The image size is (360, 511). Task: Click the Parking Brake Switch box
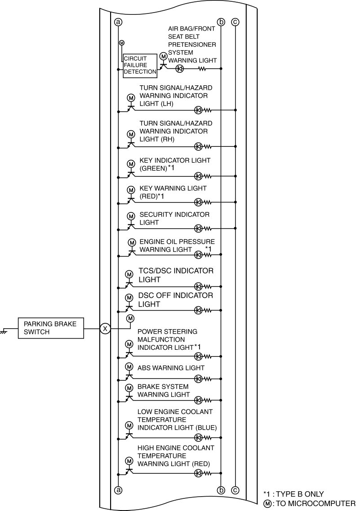pos(51,328)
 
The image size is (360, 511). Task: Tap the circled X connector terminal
pos(105,329)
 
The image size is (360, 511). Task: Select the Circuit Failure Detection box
pos(140,66)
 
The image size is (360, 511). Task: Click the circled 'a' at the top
pos(118,22)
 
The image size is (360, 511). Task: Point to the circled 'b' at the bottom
pos(221,490)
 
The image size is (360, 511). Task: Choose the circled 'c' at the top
pos(235,22)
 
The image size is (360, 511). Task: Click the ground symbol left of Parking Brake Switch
pos(4,330)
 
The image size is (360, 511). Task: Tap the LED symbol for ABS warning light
pos(198,379)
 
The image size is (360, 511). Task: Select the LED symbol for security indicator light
pos(198,229)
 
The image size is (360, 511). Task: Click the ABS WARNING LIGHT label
pos(171,368)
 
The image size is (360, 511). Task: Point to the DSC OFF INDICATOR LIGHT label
pos(175,300)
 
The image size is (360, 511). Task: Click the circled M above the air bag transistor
pos(163,57)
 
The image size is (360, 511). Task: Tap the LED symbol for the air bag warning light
pos(180,69)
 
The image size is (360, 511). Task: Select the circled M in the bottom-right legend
pos(267,504)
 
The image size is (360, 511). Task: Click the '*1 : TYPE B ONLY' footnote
pos(293,494)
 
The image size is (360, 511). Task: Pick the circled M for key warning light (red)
pos(131,190)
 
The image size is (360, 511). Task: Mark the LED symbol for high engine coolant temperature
pos(198,473)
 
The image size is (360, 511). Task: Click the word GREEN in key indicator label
pos(153,168)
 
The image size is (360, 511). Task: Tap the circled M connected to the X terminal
pos(130,318)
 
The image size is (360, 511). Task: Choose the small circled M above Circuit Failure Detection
pos(122,43)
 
